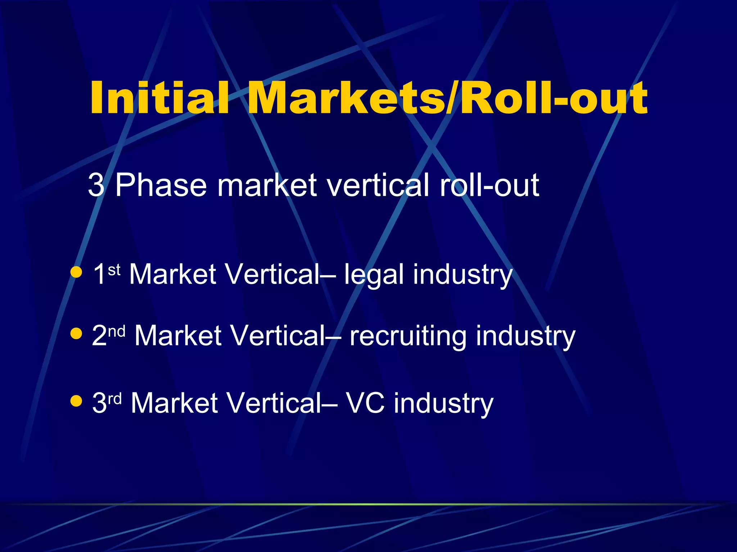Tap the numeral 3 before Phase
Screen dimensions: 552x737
(x=96, y=185)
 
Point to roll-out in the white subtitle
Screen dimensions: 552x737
(x=489, y=185)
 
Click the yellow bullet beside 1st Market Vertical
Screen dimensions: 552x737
(x=76, y=272)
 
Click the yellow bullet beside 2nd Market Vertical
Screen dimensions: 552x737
(x=76, y=333)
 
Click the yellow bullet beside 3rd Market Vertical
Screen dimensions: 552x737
(x=76, y=401)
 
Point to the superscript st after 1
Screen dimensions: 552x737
(x=114, y=270)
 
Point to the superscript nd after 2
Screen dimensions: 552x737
(x=117, y=331)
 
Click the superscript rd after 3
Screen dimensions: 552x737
(x=115, y=398)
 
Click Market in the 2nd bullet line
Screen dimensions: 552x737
(x=178, y=336)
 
